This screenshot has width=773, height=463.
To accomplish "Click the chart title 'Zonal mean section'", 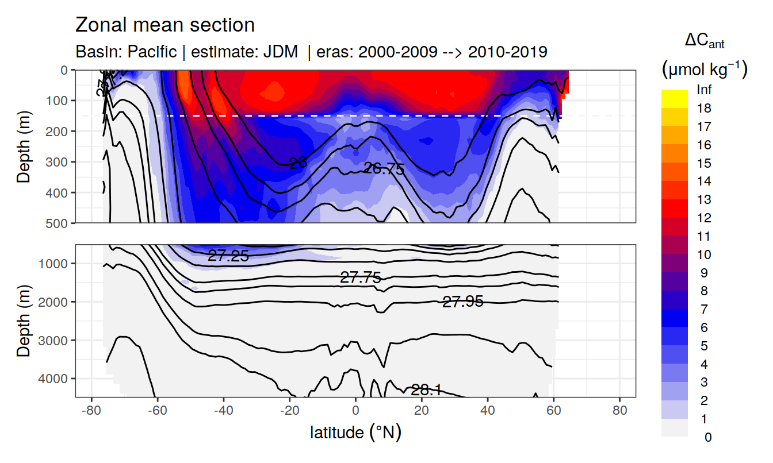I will (x=165, y=25).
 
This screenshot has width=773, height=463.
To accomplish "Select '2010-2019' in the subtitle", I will (x=507, y=52).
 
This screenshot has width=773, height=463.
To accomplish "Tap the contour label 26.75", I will (x=384, y=169).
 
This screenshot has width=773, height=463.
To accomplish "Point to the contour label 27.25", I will (x=228, y=256).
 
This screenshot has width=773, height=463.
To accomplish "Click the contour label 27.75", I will (x=361, y=278).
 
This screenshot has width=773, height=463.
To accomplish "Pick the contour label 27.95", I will (x=462, y=301).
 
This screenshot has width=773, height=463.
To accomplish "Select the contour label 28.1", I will (x=426, y=391).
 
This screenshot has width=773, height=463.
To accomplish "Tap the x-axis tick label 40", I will (x=488, y=411).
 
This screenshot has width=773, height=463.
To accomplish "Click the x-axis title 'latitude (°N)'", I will (x=355, y=432).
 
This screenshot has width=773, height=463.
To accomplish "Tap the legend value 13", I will (x=704, y=200).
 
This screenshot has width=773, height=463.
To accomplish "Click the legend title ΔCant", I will (x=705, y=41).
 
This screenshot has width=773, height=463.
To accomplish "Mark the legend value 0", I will (x=707, y=437).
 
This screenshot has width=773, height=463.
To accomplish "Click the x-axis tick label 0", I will (x=355, y=411).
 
